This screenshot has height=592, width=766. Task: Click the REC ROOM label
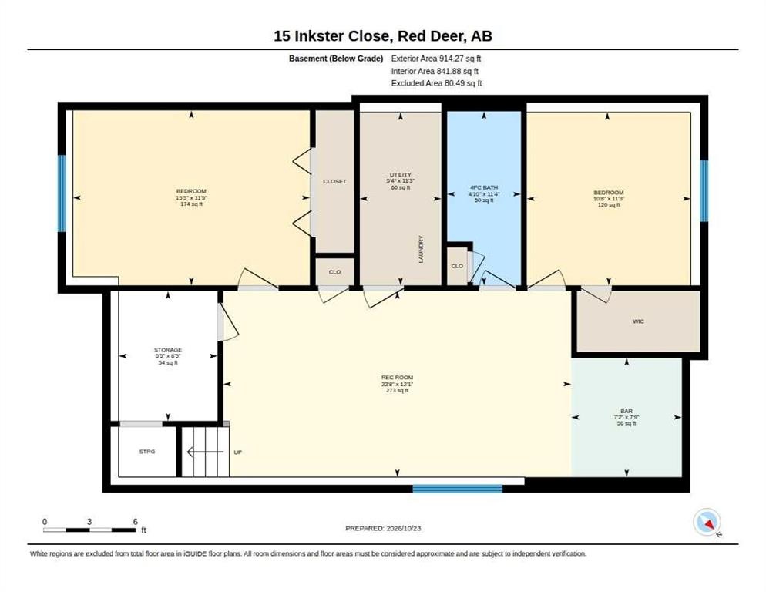[397, 378]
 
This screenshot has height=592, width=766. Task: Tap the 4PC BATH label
[484, 187]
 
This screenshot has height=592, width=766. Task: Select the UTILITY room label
[401, 174]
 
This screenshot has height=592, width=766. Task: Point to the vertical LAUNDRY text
[421, 249]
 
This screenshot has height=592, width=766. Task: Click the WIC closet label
[638, 321]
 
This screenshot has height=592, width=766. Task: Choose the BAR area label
[627, 411]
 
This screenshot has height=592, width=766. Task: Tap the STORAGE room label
[168, 349]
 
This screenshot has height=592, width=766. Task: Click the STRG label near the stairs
[147, 452]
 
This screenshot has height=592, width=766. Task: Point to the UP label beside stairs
[238, 452]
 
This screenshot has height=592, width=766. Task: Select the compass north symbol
[707, 523]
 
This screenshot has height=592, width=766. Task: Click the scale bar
[89, 530]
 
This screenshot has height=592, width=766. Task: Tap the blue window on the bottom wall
[457, 489]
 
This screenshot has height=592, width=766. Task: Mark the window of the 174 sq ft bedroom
[62, 193]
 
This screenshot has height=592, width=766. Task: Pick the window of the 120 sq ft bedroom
[704, 191]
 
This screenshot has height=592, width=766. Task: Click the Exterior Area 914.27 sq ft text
[436, 58]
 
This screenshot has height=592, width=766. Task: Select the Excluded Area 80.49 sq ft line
[437, 83]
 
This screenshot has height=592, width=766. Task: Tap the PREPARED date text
[383, 528]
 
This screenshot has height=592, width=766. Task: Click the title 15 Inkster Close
[331, 36]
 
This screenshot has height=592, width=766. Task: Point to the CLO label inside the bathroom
[457, 266]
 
